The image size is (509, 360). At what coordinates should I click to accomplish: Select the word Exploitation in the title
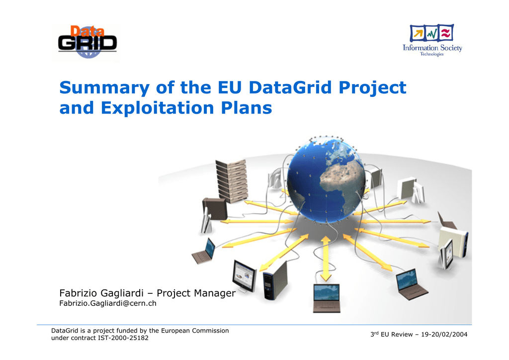[158, 108]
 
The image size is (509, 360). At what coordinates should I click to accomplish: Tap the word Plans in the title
[247, 108]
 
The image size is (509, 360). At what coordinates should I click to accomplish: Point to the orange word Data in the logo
[87, 31]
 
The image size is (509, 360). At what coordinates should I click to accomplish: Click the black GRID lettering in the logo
[87, 43]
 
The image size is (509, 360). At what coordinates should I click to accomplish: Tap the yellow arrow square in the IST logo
[418, 33]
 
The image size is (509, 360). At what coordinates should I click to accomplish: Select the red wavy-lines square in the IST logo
[446, 32]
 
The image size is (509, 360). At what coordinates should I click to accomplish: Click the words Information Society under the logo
[432, 48]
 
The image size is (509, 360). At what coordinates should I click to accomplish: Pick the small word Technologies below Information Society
[432, 54]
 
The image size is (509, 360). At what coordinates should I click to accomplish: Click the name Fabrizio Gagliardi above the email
[101, 293]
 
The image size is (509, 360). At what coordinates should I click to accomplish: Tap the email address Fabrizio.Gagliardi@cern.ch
[108, 303]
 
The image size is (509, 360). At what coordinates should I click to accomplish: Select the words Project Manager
[196, 293]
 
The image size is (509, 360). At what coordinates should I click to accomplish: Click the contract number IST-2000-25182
[123, 338]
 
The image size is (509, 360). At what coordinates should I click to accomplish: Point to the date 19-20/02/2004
[444, 334]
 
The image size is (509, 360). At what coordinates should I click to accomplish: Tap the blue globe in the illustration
[326, 180]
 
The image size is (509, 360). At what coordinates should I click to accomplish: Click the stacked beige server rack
[231, 181]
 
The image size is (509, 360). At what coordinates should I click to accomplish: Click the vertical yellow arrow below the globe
[326, 259]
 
